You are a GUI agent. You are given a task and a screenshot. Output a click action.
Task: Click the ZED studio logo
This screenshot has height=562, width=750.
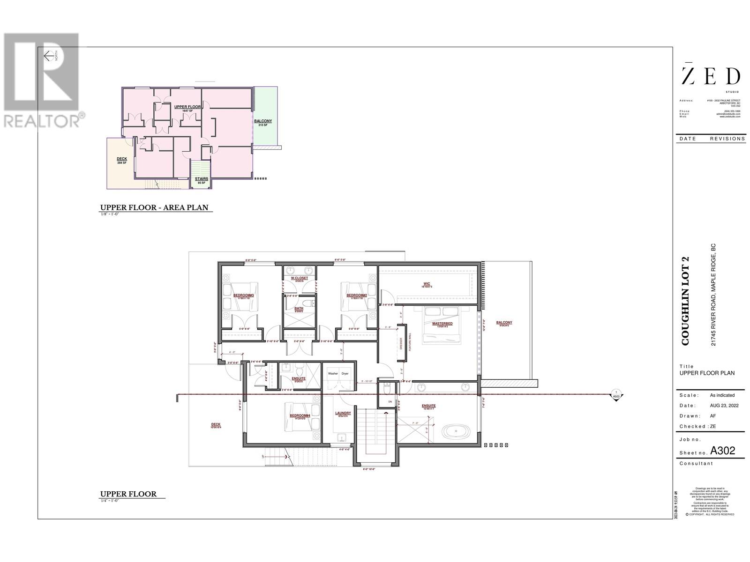pyautogui.click(x=711, y=76)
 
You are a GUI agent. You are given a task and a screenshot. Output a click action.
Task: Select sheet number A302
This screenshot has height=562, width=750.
pyautogui.click(x=723, y=451)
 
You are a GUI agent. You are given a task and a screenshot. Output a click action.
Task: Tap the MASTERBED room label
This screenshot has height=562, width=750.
pyautogui.click(x=442, y=324)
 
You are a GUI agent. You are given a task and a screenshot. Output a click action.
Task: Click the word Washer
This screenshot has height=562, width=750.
pyautogui.click(x=333, y=374)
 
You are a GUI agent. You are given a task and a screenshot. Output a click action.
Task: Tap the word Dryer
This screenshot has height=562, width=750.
pyautogui.click(x=345, y=374)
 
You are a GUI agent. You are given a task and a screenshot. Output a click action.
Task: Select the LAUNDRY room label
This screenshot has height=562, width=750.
pyautogui.click(x=343, y=413)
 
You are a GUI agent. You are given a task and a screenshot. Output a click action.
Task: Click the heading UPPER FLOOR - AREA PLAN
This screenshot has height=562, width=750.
pyautogui.click(x=154, y=207)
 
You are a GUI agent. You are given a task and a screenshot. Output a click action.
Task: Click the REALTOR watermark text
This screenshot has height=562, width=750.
pyautogui.click(x=42, y=121)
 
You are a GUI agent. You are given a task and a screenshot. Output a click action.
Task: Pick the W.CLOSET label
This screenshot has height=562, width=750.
pyautogui.click(x=300, y=278)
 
